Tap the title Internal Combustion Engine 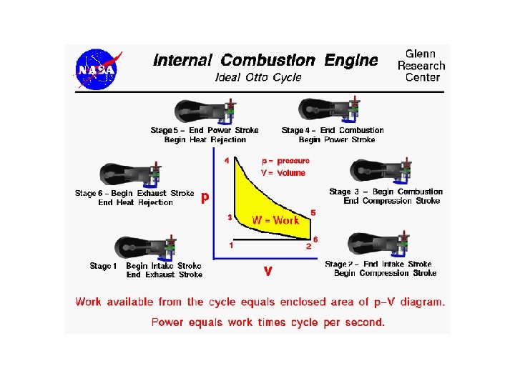pos(265,61)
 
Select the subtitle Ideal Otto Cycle pos(258,77)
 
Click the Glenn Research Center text pos(422,65)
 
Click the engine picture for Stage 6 pos(131,174)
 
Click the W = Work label pos(275,220)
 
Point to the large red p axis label pos(205,197)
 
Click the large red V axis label pos(268,272)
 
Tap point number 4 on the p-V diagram pos(227,161)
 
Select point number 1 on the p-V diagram pos(231,245)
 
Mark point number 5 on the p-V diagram pos(313,213)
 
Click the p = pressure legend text pos(285,161)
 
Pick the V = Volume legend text pos(283,172)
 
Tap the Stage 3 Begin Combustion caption pos(386,196)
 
